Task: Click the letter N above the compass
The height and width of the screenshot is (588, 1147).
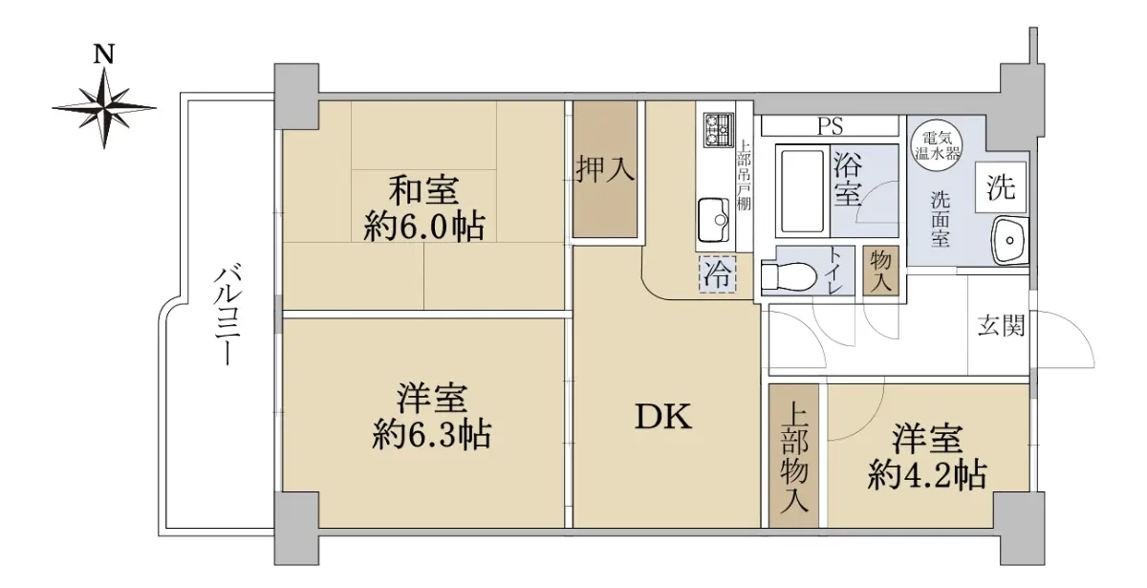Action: pyautogui.click(x=104, y=54)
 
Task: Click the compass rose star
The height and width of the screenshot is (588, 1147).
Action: pyautogui.click(x=104, y=108)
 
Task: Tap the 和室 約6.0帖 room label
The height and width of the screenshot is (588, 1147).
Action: pyautogui.click(x=424, y=207)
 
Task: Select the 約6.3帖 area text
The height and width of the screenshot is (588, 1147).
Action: pyautogui.click(x=432, y=435)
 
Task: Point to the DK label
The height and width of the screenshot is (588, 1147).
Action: pyautogui.click(x=663, y=416)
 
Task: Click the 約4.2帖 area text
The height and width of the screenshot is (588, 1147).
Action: pyautogui.click(x=927, y=476)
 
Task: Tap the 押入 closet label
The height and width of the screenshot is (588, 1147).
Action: pyautogui.click(x=605, y=169)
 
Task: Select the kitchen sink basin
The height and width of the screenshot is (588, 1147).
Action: pyautogui.click(x=714, y=220)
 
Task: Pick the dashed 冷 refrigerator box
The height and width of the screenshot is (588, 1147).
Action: pyautogui.click(x=718, y=275)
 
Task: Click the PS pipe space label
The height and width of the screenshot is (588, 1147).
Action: pyautogui.click(x=830, y=126)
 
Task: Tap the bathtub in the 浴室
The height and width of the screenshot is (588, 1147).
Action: pyautogui.click(x=802, y=191)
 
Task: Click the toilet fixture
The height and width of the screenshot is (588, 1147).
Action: pyautogui.click(x=789, y=277)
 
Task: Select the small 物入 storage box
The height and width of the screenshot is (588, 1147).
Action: pyautogui.click(x=880, y=271)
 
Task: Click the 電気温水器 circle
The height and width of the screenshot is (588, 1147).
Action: pyautogui.click(x=938, y=145)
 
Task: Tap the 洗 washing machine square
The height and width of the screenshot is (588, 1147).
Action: pyautogui.click(x=1001, y=187)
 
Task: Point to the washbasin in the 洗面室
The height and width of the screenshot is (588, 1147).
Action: pyautogui.click(x=1010, y=240)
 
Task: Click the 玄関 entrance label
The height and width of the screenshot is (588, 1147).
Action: pyautogui.click(x=1001, y=325)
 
